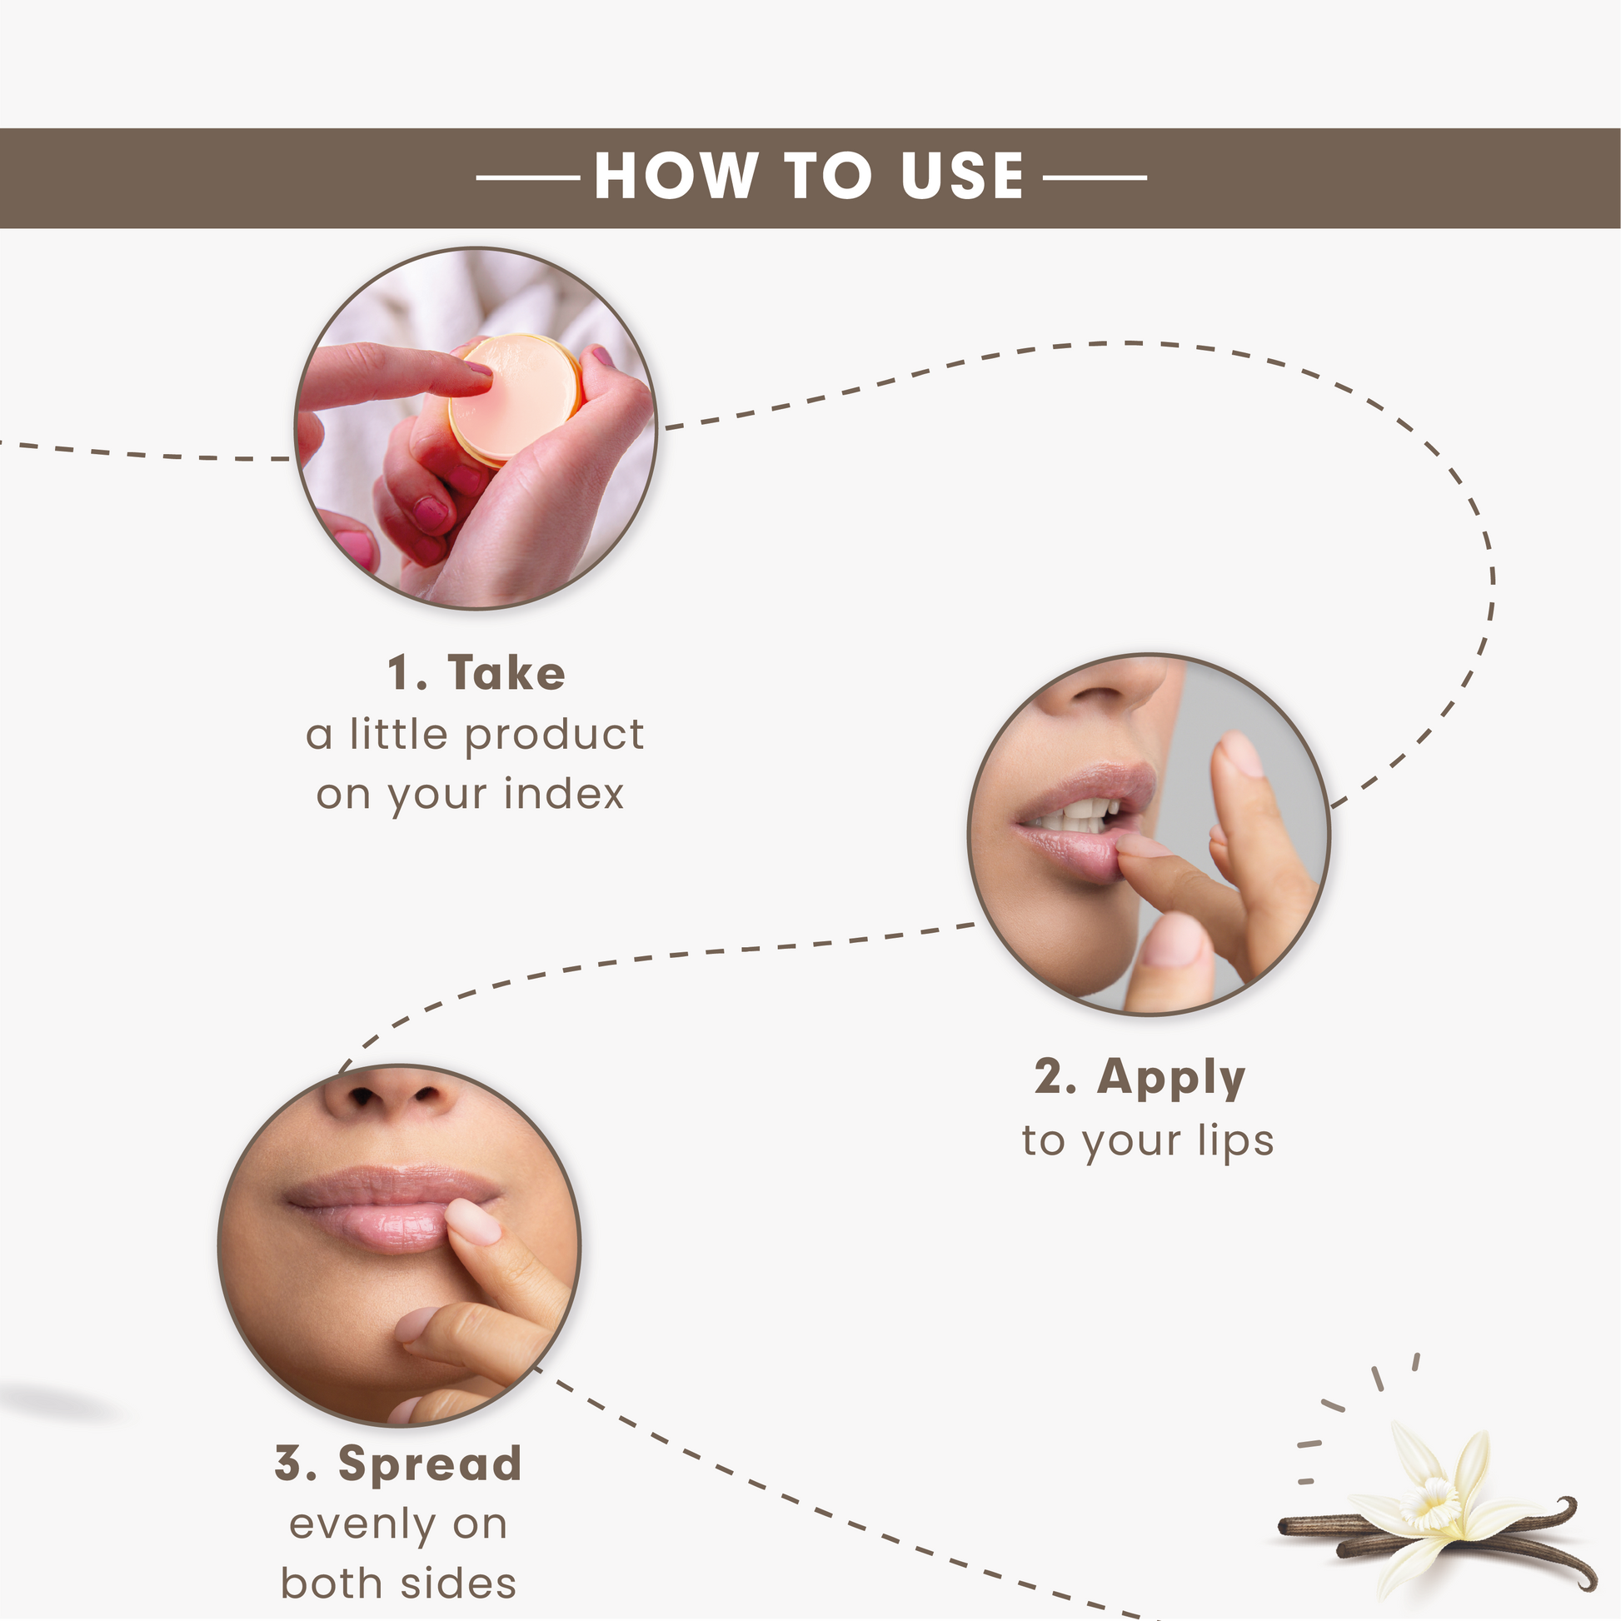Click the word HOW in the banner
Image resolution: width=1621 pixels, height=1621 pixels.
click(676, 177)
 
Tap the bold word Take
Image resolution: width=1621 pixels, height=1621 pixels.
click(506, 673)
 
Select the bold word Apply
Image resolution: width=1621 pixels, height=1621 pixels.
click(1171, 1079)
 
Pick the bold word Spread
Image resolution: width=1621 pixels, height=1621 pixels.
click(431, 1464)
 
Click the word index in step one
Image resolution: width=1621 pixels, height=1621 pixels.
click(565, 793)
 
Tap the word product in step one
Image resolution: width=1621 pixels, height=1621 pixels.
click(555, 736)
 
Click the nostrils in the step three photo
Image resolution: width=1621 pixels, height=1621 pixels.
click(396, 1095)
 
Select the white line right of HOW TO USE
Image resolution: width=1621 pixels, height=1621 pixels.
click(1095, 178)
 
